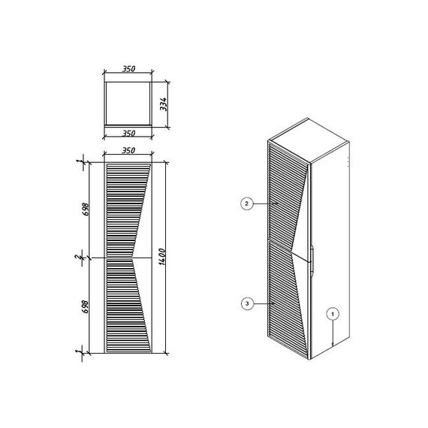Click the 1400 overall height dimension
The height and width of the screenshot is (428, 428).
tap(162, 257)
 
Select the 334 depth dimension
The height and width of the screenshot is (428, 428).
tap(163, 104)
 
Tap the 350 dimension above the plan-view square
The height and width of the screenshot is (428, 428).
tap(128, 69)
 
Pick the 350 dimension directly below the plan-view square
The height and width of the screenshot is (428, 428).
tap(128, 134)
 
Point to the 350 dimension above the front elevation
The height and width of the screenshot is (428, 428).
tap(128, 150)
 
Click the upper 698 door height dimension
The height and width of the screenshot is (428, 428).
tap(86, 209)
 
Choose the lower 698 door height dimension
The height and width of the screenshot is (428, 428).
tap(86, 306)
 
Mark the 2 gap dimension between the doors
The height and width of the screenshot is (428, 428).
tap(77, 257)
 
